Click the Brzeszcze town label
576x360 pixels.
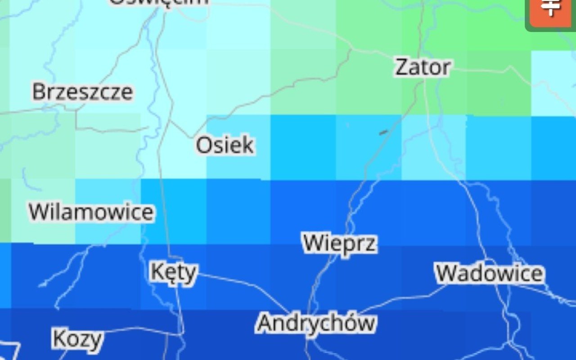(x=83, y=92)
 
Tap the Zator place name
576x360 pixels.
(x=423, y=67)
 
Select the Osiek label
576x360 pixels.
(x=225, y=146)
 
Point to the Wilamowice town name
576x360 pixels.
(x=91, y=212)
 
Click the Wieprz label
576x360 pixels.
(x=340, y=243)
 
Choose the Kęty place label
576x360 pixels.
(x=174, y=272)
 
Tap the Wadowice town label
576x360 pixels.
(x=490, y=274)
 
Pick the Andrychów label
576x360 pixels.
(x=316, y=323)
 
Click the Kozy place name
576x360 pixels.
(x=78, y=339)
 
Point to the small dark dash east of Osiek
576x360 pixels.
(x=383, y=132)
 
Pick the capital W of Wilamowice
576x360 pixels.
(x=39, y=212)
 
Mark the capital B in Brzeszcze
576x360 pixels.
(x=39, y=92)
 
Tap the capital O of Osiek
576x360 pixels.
(x=203, y=146)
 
